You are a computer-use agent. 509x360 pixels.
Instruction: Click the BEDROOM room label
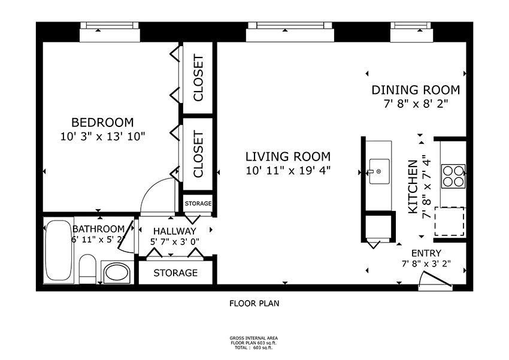[x=102, y=122]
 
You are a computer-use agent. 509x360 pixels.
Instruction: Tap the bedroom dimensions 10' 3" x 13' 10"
[x=102, y=136]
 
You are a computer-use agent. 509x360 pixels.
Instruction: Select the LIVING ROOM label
[x=287, y=157]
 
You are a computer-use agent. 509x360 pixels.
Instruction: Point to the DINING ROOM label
[x=416, y=90]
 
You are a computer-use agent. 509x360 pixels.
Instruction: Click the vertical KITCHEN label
[x=413, y=187]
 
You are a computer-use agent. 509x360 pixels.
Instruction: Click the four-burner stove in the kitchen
[x=453, y=176]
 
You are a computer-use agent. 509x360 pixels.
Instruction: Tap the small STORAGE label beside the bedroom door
[x=198, y=204]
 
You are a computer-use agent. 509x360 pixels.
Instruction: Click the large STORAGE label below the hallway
[x=175, y=273]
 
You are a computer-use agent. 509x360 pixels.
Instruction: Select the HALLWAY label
[x=174, y=231]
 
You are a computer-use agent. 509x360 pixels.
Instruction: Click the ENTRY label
[x=426, y=253]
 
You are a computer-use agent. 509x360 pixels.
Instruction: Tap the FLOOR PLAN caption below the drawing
[x=255, y=303]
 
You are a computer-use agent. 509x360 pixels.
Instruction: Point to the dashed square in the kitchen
[x=449, y=221]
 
